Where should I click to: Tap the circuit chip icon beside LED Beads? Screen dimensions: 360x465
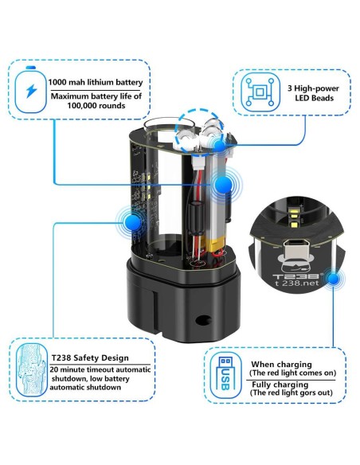coord(260,92)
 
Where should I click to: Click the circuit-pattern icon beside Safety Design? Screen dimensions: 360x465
coord(31,370)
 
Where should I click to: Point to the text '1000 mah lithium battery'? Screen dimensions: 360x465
coord(96,82)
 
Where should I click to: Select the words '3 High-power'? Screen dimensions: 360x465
coord(313,88)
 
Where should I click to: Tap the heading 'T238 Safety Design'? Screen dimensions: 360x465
coord(90,358)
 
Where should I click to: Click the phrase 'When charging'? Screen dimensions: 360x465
coord(281,364)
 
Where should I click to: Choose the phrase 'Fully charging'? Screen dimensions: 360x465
coord(280,385)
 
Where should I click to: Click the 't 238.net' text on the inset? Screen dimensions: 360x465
coord(296,283)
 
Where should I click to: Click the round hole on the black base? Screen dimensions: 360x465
coord(203,320)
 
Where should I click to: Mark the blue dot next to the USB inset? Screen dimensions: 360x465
coord(334,279)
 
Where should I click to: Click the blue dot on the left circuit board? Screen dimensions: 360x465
coord(133,221)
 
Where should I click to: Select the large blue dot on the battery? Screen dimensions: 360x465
coord(223,186)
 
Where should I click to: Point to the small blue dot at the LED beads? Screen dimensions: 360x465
coord(220,146)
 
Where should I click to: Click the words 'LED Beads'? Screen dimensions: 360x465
coord(314,98)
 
